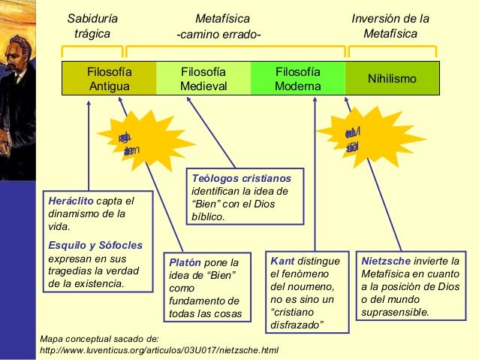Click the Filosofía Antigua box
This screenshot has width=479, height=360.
point(109,79)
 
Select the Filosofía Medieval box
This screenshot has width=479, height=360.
point(203,79)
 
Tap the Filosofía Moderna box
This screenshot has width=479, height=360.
point(298,79)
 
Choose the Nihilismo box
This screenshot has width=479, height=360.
point(392,79)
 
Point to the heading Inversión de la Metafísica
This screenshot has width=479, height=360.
point(390,26)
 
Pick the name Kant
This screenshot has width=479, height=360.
point(282,260)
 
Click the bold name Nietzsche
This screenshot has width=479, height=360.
point(386,260)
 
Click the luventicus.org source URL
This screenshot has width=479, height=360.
point(158,350)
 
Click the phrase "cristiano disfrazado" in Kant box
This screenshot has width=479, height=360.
point(297,318)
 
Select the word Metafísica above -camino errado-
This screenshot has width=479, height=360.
point(222,18)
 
